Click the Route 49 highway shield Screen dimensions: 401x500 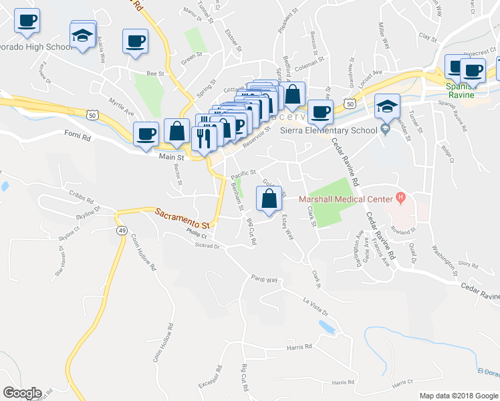point(122,231)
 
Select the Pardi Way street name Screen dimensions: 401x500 point(264,278)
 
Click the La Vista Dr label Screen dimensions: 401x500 point(316,304)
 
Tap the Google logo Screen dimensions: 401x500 point(22,393)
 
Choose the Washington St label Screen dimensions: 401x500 point(444,260)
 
